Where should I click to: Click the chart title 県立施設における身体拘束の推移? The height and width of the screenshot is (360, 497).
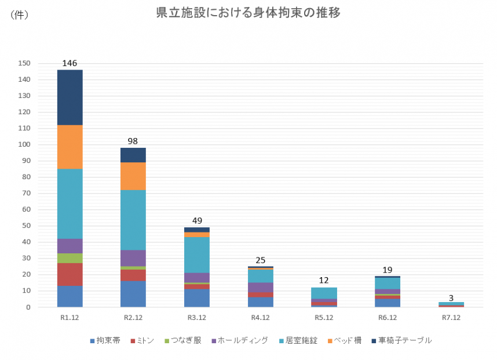(x=248, y=13)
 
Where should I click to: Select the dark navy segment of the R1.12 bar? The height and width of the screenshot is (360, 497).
(x=70, y=97)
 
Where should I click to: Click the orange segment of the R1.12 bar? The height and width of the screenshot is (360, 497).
(x=70, y=147)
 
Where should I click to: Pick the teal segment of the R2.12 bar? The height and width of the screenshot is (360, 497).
(x=133, y=220)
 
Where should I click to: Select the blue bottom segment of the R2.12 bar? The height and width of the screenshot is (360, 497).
(x=133, y=293)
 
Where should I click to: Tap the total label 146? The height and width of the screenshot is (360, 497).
(x=70, y=63)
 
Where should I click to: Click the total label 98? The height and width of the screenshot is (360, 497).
(x=133, y=141)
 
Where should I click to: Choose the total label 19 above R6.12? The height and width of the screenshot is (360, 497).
(x=388, y=270)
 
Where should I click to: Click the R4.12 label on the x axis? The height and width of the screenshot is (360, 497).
(x=260, y=318)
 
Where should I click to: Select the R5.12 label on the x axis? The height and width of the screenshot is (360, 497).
(x=324, y=318)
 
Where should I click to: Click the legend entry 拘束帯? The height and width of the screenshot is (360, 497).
(x=105, y=340)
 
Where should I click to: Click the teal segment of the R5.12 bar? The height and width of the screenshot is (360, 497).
(x=324, y=293)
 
